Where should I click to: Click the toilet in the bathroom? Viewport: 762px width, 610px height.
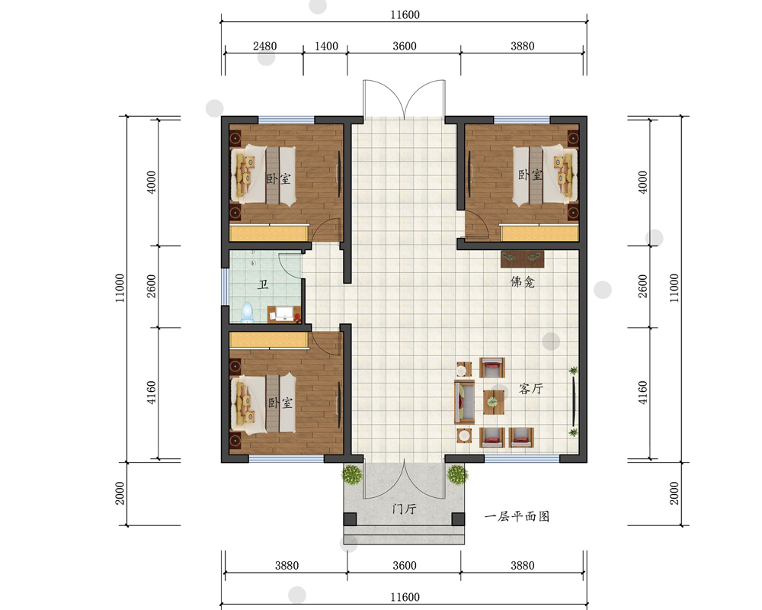pos(248,313)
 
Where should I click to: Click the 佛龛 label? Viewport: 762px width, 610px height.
pos(523,281)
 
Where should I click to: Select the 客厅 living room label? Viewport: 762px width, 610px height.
pos(530,389)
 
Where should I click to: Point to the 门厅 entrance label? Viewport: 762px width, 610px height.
pos(405,509)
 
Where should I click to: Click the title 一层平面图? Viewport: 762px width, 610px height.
pos(517,516)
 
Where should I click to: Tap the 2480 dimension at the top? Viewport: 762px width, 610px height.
pos(265,47)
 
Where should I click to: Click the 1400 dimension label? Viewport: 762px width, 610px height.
pos(326,47)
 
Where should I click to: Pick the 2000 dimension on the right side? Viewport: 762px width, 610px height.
pos(674,493)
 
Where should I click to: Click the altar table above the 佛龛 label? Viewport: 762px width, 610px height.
pos(523,258)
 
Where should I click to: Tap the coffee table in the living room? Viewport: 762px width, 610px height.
pos(493,403)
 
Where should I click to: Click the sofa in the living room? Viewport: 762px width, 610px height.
pos(465,403)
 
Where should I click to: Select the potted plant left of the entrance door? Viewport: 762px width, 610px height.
pos(352,474)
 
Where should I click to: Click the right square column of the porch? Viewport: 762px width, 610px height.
pos(458,519)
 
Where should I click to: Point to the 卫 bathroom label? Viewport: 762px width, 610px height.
pos(263,284)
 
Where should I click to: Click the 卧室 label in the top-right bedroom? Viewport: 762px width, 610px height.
pos(530,175)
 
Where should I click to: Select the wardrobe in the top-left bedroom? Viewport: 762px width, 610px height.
pos(269,233)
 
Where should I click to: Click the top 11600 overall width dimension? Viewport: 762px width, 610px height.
pos(405,14)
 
